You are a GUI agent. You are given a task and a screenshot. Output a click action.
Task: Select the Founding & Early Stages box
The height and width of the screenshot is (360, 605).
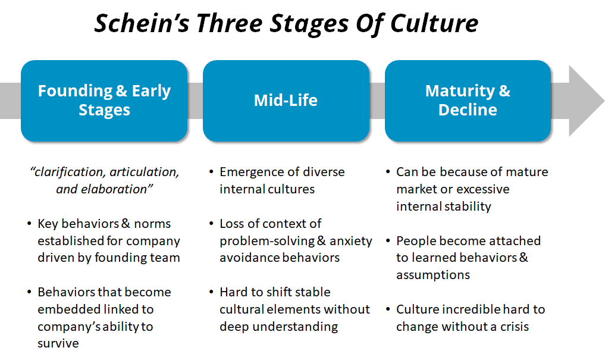click(104, 101)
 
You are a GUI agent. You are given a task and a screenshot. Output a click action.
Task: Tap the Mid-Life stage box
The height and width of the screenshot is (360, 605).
click(286, 101)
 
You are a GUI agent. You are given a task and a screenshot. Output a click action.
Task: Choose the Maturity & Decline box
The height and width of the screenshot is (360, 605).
click(468, 101)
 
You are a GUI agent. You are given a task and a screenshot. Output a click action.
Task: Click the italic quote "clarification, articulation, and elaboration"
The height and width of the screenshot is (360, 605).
click(104, 180)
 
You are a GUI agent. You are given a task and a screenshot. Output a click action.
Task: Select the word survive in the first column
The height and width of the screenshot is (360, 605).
click(58, 343)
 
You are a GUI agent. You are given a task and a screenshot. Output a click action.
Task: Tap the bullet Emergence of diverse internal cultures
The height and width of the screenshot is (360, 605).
click(281, 180)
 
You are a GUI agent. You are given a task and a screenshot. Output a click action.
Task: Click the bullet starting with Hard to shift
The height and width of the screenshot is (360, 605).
click(294, 309)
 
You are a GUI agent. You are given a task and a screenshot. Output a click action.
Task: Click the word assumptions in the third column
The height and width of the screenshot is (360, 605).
click(433, 275)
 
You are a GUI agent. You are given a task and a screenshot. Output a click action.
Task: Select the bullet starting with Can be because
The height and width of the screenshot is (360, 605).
click(472, 189)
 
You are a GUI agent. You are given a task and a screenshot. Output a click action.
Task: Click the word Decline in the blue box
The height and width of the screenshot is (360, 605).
click(468, 110)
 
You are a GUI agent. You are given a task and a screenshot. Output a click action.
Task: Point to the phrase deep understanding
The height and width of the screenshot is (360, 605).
click(278, 327)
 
